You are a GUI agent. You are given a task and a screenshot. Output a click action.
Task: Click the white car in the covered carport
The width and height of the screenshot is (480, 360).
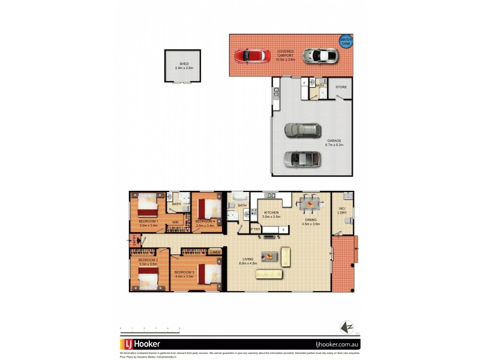pyautogui.click(x=320, y=56)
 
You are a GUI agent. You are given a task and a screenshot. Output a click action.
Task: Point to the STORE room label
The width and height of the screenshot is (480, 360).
pyautogui.click(x=341, y=88)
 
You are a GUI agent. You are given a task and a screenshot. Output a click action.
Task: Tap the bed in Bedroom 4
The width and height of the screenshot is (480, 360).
pyautogui.click(x=207, y=208)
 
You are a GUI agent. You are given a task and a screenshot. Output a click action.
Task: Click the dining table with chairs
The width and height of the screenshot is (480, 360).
pyautogui.click(x=310, y=203)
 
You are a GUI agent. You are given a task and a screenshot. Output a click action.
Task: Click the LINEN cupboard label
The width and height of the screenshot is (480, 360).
pyautogui.click(x=215, y=253)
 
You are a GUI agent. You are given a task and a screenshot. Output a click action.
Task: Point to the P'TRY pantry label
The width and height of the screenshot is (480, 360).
pyautogui.click(x=256, y=229)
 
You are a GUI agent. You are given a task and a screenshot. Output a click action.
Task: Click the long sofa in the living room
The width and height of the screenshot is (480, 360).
pyautogui.click(x=269, y=274)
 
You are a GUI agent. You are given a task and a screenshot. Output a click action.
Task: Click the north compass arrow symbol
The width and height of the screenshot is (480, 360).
pyautogui.click(x=345, y=327)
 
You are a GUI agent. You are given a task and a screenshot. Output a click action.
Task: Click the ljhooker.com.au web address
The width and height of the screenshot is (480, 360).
pyautogui.click(x=332, y=345)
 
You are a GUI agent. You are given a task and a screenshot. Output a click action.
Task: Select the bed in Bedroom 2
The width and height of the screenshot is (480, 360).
pyautogui.click(x=148, y=277)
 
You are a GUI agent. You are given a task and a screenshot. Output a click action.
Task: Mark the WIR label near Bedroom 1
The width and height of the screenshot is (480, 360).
pyautogui.click(x=175, y=223)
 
